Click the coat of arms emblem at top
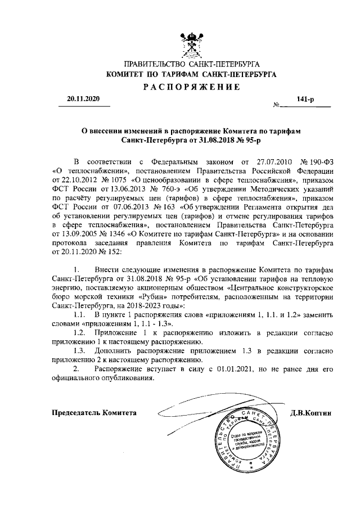tap(191, 44)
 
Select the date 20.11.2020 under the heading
tap(82, 99)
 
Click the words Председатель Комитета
tap(94, 412)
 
